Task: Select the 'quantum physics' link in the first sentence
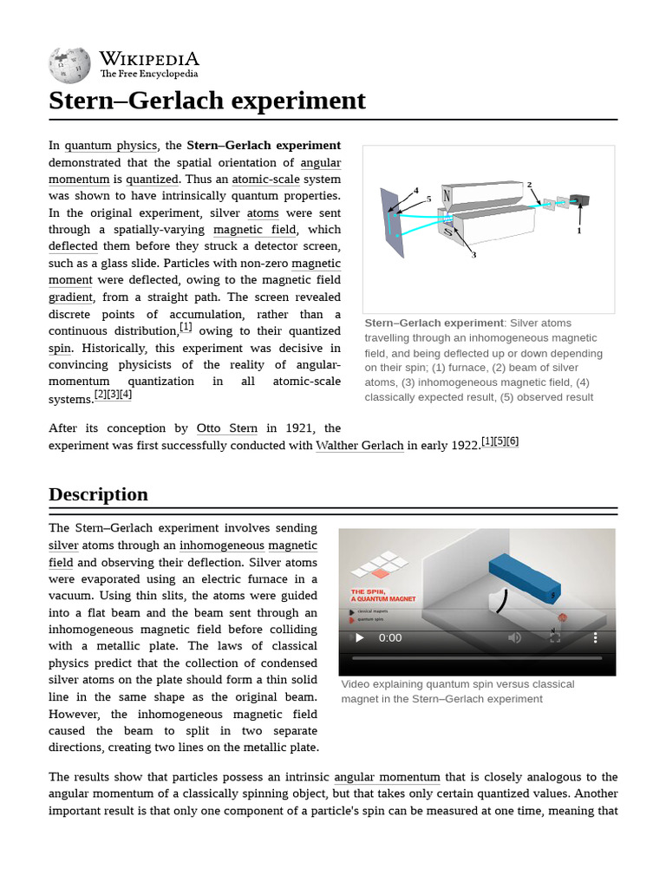pos(111,146)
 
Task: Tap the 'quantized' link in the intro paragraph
pos(152,180)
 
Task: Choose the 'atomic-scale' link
pos(265,180)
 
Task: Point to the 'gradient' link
pos(70,297)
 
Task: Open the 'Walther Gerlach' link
pos(359,446)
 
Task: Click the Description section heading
pos(98,494)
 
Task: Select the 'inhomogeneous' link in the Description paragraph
pos(221,545)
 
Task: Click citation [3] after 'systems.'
pos(114,395)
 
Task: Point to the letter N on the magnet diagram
pos(447,195)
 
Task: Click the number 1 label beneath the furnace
pos(578,230)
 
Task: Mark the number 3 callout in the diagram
pos(473,254)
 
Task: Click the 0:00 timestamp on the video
pos(390,637)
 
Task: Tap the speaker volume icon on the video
pos(514,637)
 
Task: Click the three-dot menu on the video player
pos(595,637)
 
